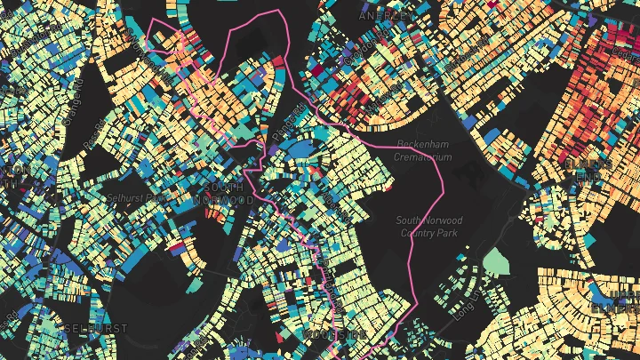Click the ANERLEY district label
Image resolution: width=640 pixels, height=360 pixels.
386,15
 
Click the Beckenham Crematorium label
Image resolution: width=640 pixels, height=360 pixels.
423,151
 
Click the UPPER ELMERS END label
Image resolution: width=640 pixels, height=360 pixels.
621,300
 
